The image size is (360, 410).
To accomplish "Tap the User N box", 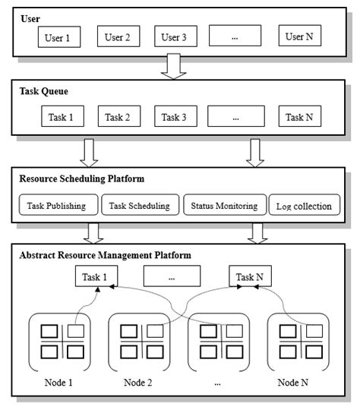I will click(298, 36).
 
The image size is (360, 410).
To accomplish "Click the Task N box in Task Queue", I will click(298, 117).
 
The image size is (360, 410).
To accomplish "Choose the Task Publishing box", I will click(58, 205).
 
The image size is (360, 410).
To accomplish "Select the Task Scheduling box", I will click(140, 205).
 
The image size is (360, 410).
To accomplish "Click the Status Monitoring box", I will click(225, 205).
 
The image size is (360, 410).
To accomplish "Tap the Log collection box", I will click(304, 206).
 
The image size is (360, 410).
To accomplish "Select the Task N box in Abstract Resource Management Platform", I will click(250, 276).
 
